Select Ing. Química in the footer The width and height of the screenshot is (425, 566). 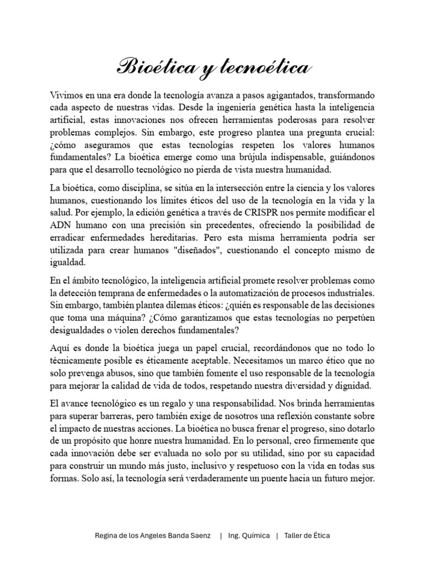[x=249, y=536]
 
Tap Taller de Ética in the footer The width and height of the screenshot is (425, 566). [x=307, y=536]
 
